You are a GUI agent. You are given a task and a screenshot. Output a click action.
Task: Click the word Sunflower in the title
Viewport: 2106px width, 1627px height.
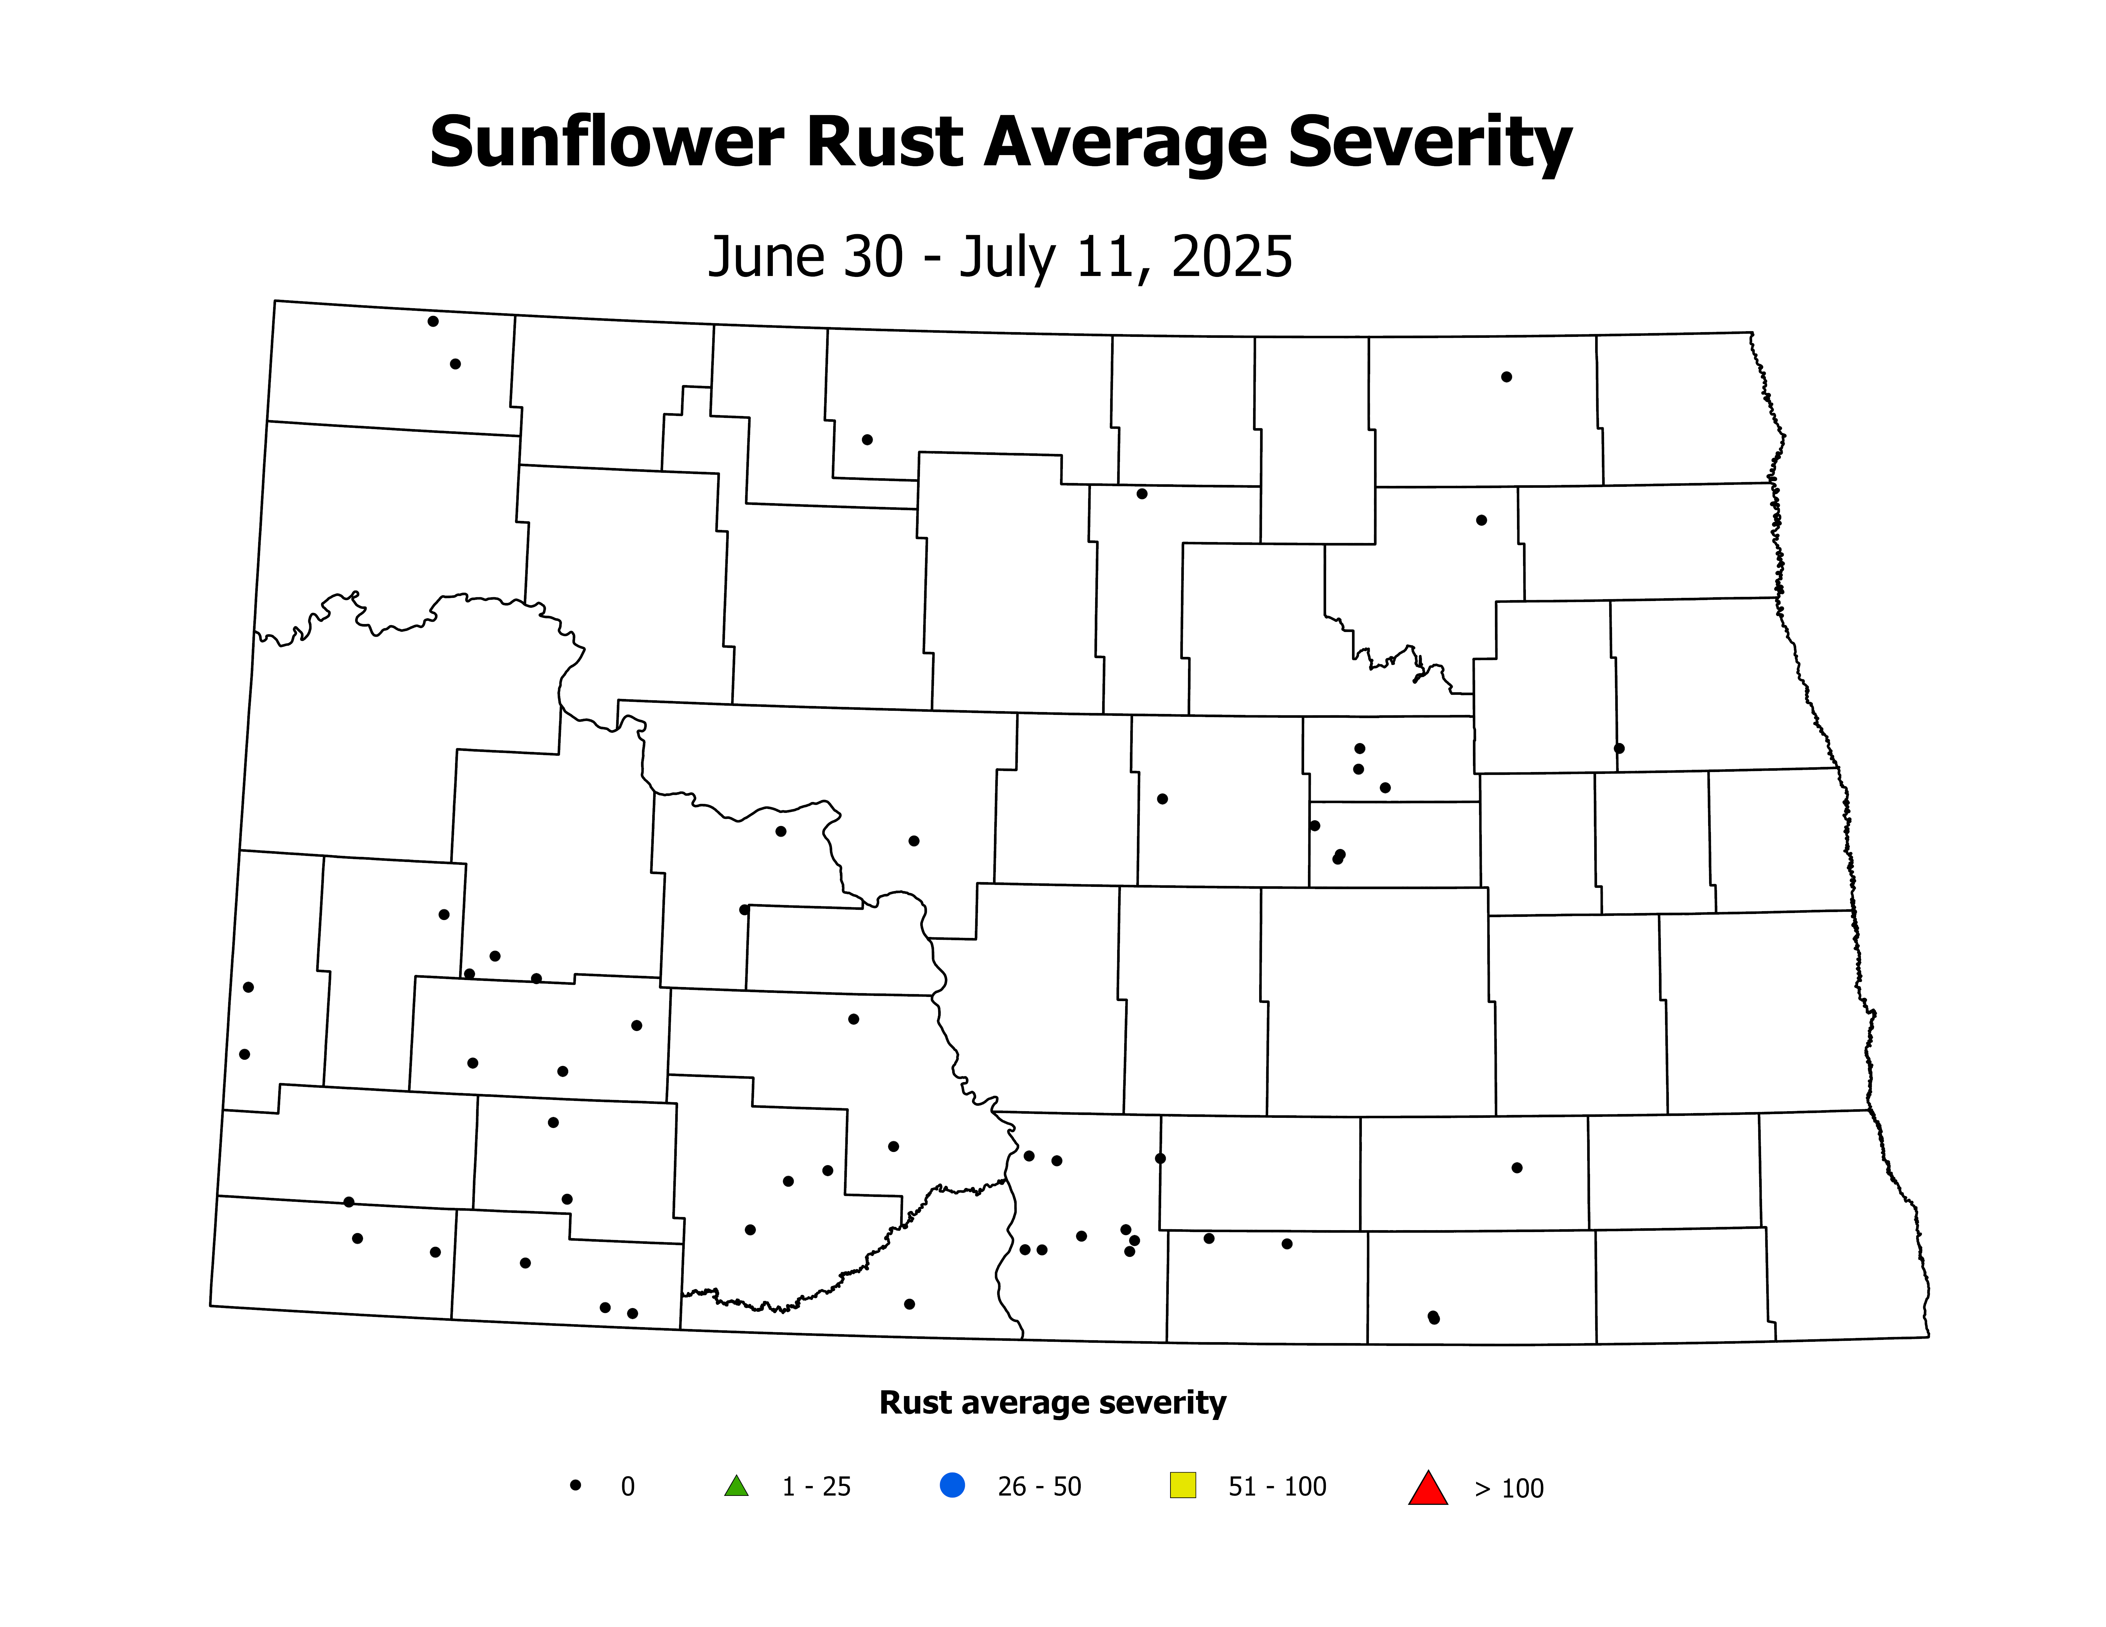[606, 143]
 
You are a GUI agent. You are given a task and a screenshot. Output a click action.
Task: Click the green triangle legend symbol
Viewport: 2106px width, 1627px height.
[737, 1486]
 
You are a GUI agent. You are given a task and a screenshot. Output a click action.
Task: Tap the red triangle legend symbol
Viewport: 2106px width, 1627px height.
[1428, 1488]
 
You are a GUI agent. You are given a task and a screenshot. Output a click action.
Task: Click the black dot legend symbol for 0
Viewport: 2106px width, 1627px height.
[576, 1485]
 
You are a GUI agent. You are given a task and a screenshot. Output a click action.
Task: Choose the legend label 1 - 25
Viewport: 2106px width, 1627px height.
[816, 1487]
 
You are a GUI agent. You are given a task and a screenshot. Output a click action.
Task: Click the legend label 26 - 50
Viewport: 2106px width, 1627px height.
[1040, 1487]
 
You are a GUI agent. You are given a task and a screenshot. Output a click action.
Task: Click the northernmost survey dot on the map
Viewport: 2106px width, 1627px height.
[433, 321]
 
